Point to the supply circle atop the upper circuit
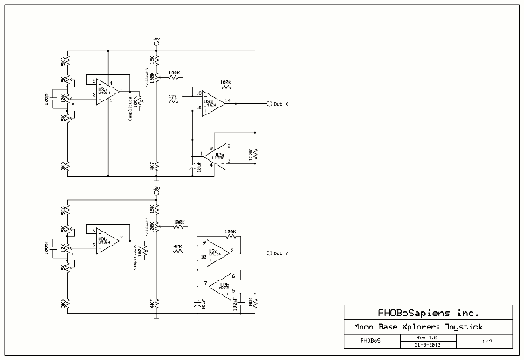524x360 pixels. pyautogui.click(x=155, y=42)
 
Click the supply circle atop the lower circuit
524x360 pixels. pyautogui.click(x=155, y=190)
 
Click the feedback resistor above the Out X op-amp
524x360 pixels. pyautogui.click(x=225, y=84)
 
